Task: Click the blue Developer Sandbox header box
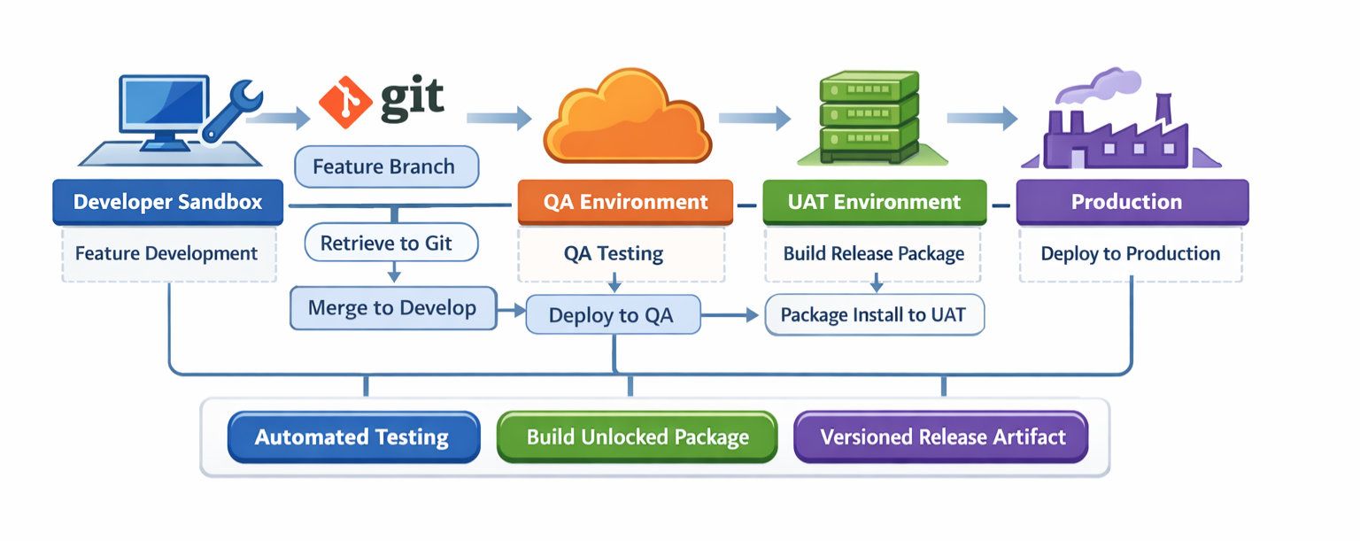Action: [x=168, y=202]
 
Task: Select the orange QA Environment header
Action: [x=625, y=202]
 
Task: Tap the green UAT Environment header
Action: [x=874, y=202]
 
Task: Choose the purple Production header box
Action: [x=1132, y=202]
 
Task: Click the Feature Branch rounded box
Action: [x=385, y=166]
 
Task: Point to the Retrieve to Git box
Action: [x=390, y=243]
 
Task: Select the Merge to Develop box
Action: [x=392, y=308]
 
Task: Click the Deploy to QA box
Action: [x=612, y=315]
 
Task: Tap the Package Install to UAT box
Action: [x=874, y=314]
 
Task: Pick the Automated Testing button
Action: [x=352, y=437]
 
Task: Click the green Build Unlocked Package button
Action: [x=637, y=437]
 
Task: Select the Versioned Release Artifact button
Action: [x=940, y=437]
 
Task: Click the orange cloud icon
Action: [x=627, y=120]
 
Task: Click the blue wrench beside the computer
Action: [x=232, y=110]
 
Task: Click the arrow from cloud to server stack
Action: [x=753, y=117]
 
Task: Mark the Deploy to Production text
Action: [x=1130, y=254]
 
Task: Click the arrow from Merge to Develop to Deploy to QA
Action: [x=511, y=311]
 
